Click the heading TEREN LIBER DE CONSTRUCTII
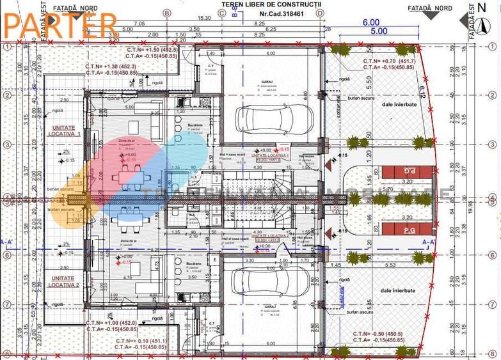pos(272,4)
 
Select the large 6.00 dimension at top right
pos(370,21)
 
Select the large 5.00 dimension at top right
pos(379,30)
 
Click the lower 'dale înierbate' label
pos(397,290)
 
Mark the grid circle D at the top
pos(319,12)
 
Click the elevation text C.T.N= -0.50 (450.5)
pos(378,334)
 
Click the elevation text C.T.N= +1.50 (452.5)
pos(152,49)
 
